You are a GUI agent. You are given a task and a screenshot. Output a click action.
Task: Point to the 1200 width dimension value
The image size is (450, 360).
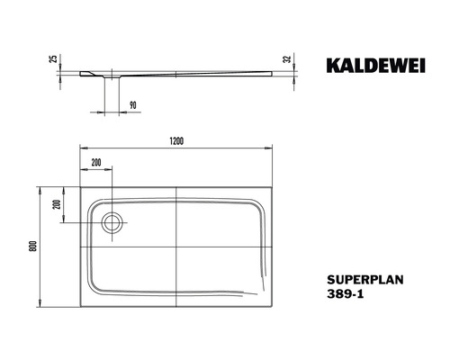177,140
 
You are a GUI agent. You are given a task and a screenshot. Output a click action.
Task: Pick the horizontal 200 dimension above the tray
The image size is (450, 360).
95,162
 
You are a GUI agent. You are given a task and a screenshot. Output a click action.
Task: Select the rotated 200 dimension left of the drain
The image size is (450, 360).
55,204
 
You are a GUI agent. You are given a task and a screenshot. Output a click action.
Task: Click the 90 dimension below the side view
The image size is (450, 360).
132,105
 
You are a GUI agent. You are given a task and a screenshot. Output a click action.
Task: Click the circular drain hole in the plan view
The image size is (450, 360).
113,221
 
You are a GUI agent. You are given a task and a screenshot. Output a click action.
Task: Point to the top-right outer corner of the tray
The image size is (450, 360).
274,187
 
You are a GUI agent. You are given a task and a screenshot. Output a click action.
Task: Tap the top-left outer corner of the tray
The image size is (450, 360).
79,187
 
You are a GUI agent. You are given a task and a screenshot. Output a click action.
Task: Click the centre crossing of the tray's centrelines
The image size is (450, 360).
177,247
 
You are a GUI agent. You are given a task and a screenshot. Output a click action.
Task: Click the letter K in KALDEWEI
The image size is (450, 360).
327,65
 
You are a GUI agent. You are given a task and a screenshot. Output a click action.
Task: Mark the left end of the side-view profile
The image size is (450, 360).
80,73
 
